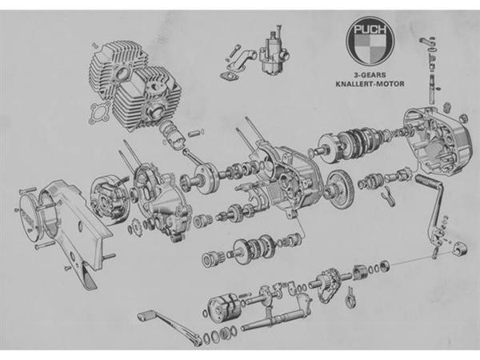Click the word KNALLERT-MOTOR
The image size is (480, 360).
pyautogui.click(x=370, y=83)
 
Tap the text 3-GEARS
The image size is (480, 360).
pyautogui.click(x=370, y=74)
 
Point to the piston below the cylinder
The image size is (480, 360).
pyautogui.click(x=172, y=134)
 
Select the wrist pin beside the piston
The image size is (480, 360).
pyautogui.click(x=197, y=133)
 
